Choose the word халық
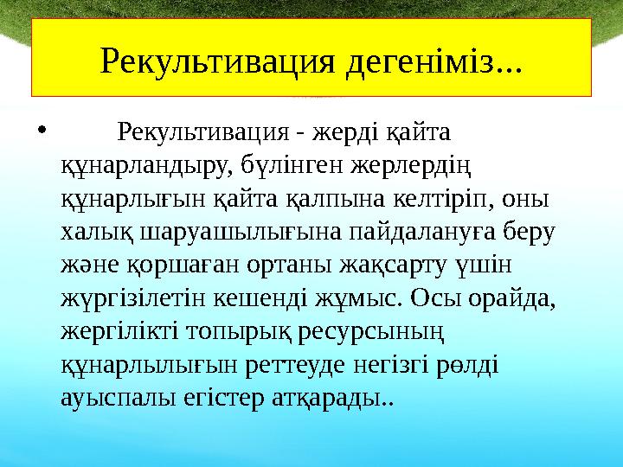coord(92,231)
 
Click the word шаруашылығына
coord(222,231)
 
